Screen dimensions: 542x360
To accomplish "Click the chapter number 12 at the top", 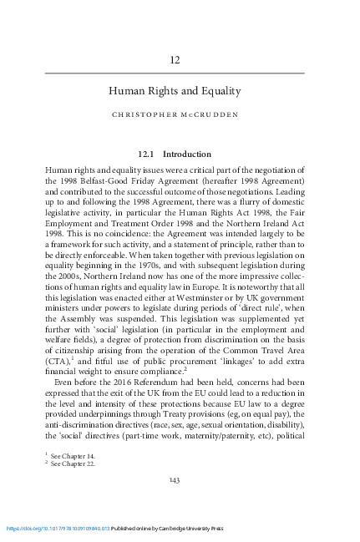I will [x=175, y=60].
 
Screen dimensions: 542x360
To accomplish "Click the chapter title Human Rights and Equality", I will [x=175, y=91].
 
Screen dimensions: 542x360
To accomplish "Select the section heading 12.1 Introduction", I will [x=175, y=154].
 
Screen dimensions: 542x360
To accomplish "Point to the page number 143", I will [x=175, y=479].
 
